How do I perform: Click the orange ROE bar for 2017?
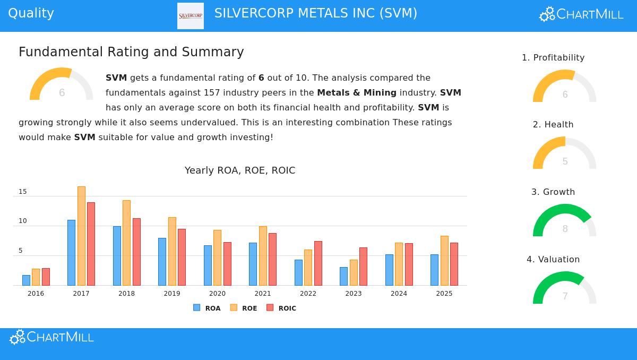tap(81, 236)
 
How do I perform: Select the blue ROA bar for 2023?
tap(343, 276)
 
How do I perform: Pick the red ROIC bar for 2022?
tap(318, 263)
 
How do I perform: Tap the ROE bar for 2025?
tap(444, 260)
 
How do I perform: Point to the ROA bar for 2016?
tap(26, 280)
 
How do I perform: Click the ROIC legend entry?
tap(281, 308)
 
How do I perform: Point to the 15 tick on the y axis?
tap(23, 192)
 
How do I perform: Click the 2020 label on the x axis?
tap(217, 294)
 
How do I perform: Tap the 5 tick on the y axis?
tap(21, 251)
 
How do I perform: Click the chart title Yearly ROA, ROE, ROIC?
tap(240, 170)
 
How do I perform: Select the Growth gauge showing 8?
tap(564, 222)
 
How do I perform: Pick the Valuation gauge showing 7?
tap(564, 289)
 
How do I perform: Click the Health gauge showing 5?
tap(564, 155)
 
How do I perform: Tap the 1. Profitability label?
tap(553, 58)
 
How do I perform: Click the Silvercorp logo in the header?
tap(191, 16)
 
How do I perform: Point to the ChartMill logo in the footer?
tap(52, 337)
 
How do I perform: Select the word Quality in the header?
tap(31, 13)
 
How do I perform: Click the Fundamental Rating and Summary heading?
tap(131, 52)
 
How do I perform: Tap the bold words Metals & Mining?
tap(357, 93)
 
